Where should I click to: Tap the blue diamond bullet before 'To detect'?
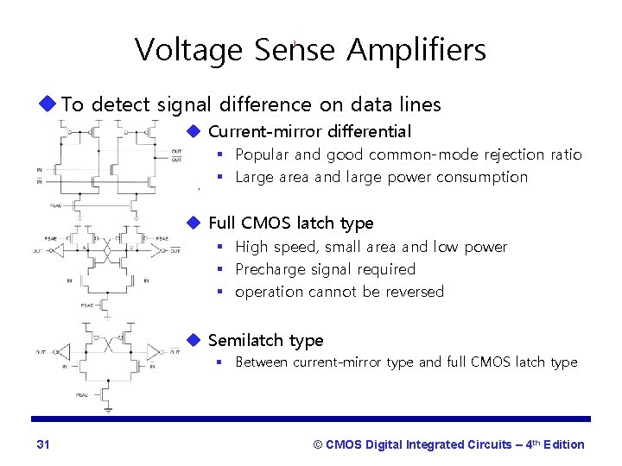pos(48,104)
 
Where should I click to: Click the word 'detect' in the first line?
pos(122,105)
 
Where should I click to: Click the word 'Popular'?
pos(263,155)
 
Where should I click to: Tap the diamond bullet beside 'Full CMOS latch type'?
pos(194,223)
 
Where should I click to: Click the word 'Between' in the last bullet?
pos(263,362)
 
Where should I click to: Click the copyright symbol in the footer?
pos(317,444)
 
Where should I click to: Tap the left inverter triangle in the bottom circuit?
pos(61,351)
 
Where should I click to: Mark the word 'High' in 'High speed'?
pos(251,247)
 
